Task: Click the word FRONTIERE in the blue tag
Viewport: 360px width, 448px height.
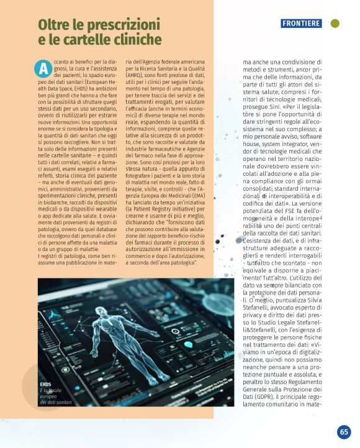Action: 301,24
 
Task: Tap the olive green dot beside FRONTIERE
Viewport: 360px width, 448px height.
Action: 335,24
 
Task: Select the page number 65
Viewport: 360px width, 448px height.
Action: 344,432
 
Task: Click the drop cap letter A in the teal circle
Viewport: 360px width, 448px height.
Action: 44,67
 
